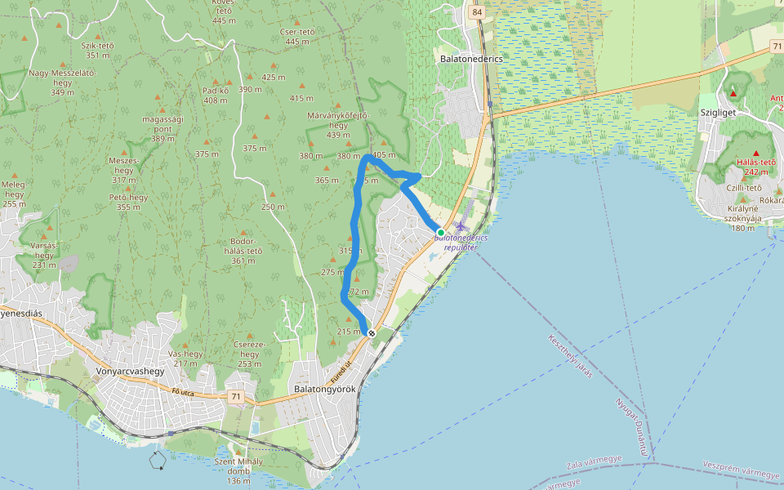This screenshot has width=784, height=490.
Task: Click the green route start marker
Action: pos(441,233)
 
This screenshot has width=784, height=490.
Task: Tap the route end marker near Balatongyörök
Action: pos(372,332)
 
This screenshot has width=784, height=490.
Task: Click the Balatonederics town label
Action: pos(470,59)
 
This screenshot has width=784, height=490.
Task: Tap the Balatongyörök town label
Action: pos(324,389)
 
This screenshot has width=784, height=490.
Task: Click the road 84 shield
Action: pos(477,12)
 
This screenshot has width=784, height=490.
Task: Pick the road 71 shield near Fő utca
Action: pos(237,397)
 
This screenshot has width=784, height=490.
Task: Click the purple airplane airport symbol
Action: pos(462,225)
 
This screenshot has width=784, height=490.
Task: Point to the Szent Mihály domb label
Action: pos(238,471)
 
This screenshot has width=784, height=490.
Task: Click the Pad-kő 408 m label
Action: pos(216,95)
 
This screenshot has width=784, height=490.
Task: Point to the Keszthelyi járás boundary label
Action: pos(570,355)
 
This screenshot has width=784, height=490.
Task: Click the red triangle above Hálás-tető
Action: pos(755,154)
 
